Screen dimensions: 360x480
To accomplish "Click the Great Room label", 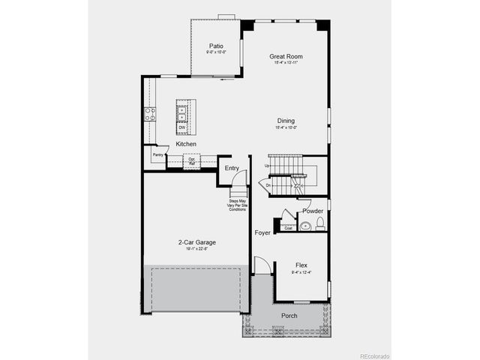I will (285, 56).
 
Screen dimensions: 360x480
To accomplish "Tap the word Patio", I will (216, 46).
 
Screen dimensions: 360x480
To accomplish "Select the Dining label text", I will (286, 121).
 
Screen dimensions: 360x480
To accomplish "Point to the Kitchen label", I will (186, 143).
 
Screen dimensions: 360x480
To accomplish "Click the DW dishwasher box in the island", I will (182, 127).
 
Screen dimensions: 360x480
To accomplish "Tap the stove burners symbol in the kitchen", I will (150, 114).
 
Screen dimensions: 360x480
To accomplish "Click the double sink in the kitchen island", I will (182, 112).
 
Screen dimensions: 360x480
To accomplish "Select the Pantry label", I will (158, 155).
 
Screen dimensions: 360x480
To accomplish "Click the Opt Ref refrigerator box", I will (192, 160).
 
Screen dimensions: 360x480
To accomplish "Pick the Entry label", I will (232, 168).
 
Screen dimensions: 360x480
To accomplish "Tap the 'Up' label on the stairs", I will (267, 166).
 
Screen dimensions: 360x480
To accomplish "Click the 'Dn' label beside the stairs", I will (267, 184).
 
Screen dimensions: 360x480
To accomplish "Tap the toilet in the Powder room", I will (319, 224).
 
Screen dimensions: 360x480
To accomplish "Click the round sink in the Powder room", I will (305, 225).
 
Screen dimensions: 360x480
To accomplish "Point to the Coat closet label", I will (288, 228).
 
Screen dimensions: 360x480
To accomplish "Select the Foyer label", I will (262, 232).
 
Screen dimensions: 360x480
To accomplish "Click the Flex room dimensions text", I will (301, 272).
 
